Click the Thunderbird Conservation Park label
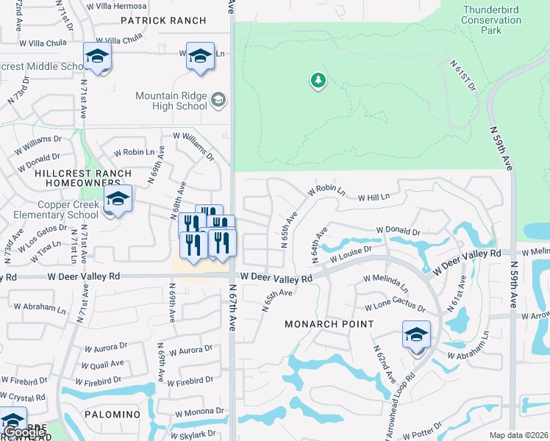491,21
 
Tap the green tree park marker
318,80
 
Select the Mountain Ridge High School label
171,101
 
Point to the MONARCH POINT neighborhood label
329,324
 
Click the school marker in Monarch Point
416,336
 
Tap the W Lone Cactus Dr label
395,304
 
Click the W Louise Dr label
351,254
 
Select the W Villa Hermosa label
116,6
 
